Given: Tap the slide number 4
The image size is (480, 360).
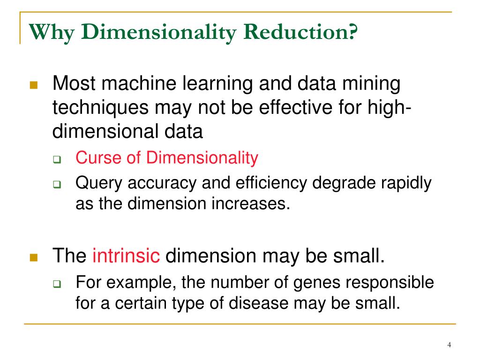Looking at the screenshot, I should tap(449, 345).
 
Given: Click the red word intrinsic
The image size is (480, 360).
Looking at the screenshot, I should tap(127, 256).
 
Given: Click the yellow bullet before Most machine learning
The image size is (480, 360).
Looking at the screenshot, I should tap(33, 86).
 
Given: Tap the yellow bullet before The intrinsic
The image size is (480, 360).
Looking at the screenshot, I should tap(33, 257).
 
